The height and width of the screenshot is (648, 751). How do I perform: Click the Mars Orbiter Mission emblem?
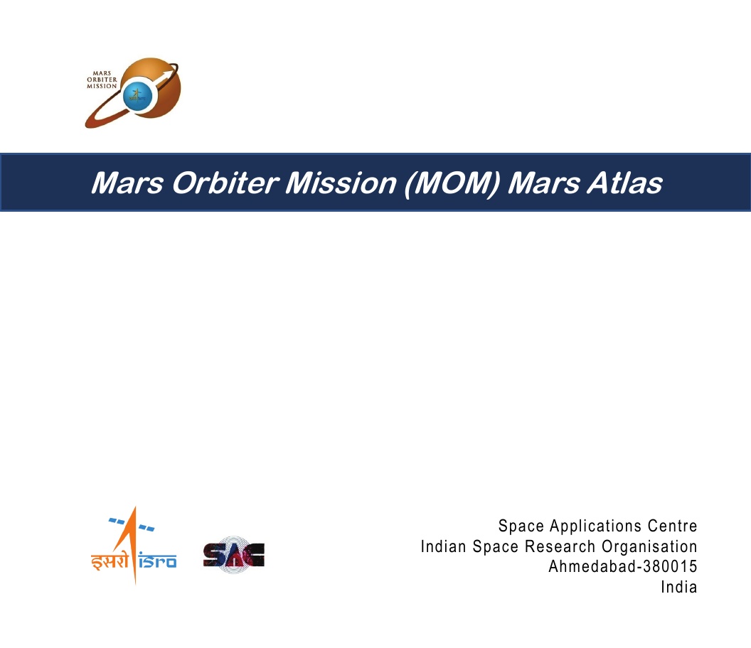[133, 93]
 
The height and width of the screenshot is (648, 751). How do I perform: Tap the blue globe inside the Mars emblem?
[137, 96]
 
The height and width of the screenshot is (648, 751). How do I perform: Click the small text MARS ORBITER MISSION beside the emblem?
[102, 80]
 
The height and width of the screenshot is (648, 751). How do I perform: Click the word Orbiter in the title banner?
[225, 183]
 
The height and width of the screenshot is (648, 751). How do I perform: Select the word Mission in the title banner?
[341, 183]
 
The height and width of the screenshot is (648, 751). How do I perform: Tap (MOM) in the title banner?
[452, 183]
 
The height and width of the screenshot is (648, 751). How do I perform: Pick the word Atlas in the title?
[624, 183]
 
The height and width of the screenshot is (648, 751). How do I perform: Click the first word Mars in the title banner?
[127, 183]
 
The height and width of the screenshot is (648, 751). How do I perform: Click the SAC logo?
[234, 555]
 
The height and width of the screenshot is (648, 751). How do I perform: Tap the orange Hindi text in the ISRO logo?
[110, 560]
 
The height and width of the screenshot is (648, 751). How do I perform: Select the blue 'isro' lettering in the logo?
[158, 561]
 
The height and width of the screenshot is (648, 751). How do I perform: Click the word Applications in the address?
[595, 526]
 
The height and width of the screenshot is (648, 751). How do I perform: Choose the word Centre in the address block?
[673, 526]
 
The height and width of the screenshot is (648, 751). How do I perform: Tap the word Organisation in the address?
[649, 547]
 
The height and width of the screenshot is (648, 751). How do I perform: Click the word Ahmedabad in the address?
[592, 566]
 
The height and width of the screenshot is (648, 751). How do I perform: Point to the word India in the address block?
[679, 587]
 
